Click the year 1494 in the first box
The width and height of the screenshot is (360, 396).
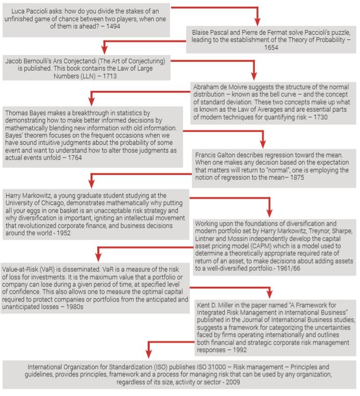pos(112,26)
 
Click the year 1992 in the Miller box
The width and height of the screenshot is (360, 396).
pos(239,351)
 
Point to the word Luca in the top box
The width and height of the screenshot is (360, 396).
pos(19,11)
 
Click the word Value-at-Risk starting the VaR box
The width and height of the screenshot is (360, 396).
pos(21,270)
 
